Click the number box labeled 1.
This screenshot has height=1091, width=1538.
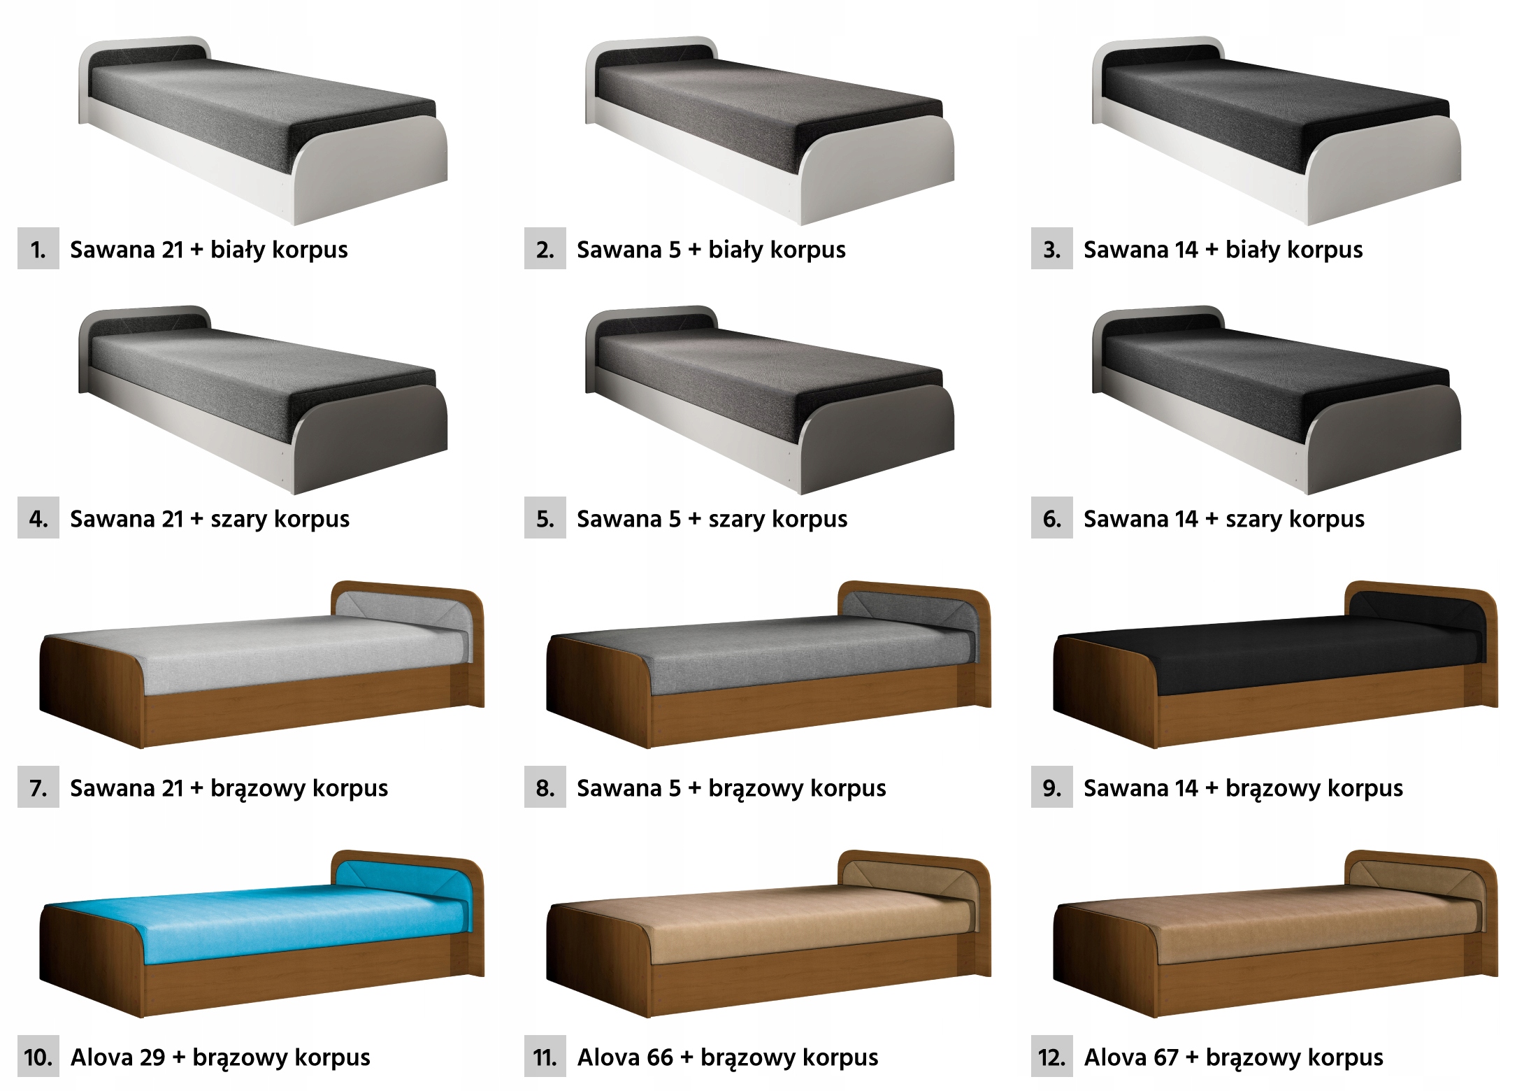pyautogui.click(x=38, y=249)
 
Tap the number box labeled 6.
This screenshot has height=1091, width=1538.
pyautogui.click(x=1051, y=518)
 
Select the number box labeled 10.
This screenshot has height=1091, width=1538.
pyautogui.click(x=38, y=1057)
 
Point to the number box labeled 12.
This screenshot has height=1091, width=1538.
pyautogui.click(x=1051, y=1057)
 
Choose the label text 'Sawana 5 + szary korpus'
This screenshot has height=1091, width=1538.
pyautogui.click(x=712, y=519)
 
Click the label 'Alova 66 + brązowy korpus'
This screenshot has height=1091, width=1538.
pyautogui.click(x=727, y=1057)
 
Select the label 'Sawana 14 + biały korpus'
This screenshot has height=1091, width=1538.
pyautogui.click(x=1223, y=250)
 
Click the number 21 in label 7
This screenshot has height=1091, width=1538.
pyautogui.click(x=172, y=788)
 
